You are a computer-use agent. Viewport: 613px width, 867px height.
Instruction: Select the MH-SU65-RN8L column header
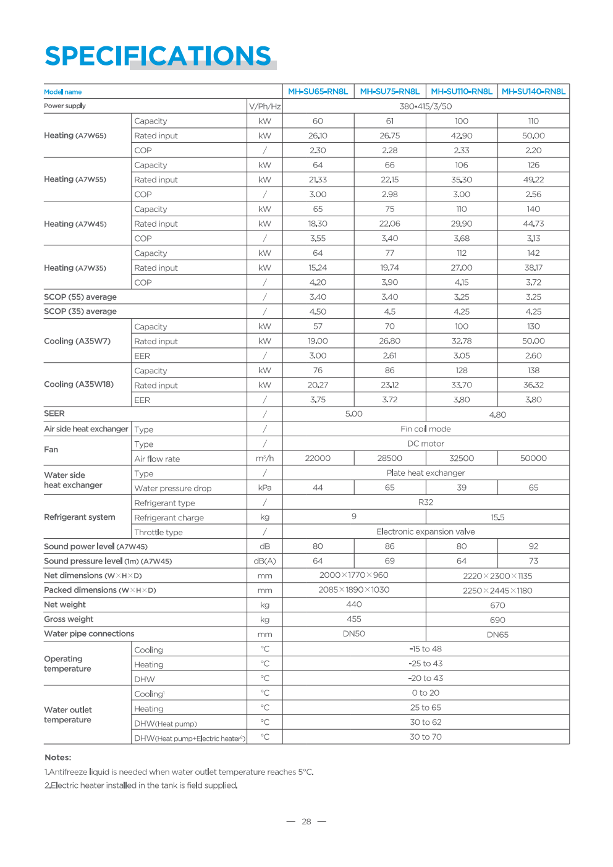click(318, 91)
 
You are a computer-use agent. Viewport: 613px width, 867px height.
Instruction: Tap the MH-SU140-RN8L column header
click(533, 91)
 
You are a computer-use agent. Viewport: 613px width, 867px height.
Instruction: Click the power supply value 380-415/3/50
click(425, 106)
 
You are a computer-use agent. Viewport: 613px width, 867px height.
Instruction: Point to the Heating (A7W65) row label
click(75, 135)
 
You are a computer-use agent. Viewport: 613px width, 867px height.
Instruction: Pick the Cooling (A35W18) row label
click(78, 384)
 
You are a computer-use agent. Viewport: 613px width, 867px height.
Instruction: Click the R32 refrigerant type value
click(425, 502)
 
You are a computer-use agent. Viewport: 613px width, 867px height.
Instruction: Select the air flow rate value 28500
click(389, 459)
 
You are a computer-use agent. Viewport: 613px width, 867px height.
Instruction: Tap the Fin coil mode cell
click(425, 429)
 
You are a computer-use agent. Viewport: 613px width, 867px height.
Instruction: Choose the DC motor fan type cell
click(425, 444)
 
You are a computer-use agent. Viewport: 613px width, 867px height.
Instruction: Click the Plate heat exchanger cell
click(425, 473)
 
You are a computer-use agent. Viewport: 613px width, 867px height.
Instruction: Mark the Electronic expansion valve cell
click(425, 531)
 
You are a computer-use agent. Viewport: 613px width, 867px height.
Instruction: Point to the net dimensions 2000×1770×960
click(353, 575)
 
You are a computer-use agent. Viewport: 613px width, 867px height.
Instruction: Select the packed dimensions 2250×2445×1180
click(497, 591)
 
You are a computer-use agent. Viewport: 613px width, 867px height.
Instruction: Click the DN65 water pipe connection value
click(497, 635)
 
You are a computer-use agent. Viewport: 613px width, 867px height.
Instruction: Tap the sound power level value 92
click(533, 546)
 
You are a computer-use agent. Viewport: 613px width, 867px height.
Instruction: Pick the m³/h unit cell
click(264, 459)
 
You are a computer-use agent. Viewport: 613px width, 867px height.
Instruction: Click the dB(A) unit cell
click(264, 561)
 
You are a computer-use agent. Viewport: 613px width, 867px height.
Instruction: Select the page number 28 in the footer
click(306, 822)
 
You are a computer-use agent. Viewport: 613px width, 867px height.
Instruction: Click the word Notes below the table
click(57, 758)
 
